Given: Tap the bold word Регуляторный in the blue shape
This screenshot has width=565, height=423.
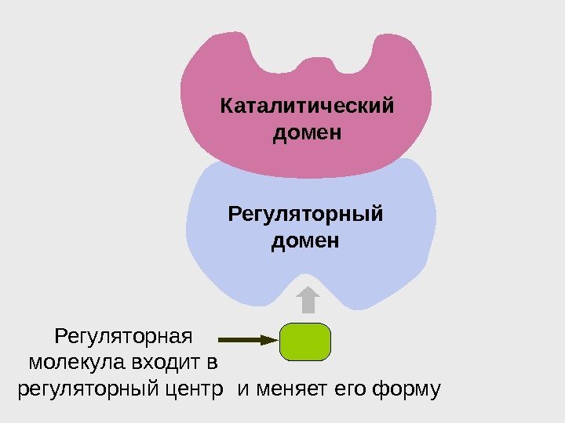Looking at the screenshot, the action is click(305, 213).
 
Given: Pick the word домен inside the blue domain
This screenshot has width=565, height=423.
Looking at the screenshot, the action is click(305, 240).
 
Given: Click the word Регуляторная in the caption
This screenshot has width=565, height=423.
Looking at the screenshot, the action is click(124, 337).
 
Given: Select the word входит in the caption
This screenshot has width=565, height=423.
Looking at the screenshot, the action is click(155, 363).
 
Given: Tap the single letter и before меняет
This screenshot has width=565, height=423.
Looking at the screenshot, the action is click(242, 389).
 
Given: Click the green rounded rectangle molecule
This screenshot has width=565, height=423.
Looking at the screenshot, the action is click(305, 342).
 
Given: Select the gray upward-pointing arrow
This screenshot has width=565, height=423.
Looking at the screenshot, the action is click(308, 300).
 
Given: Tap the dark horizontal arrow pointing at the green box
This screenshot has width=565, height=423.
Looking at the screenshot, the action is click(248, 340).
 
